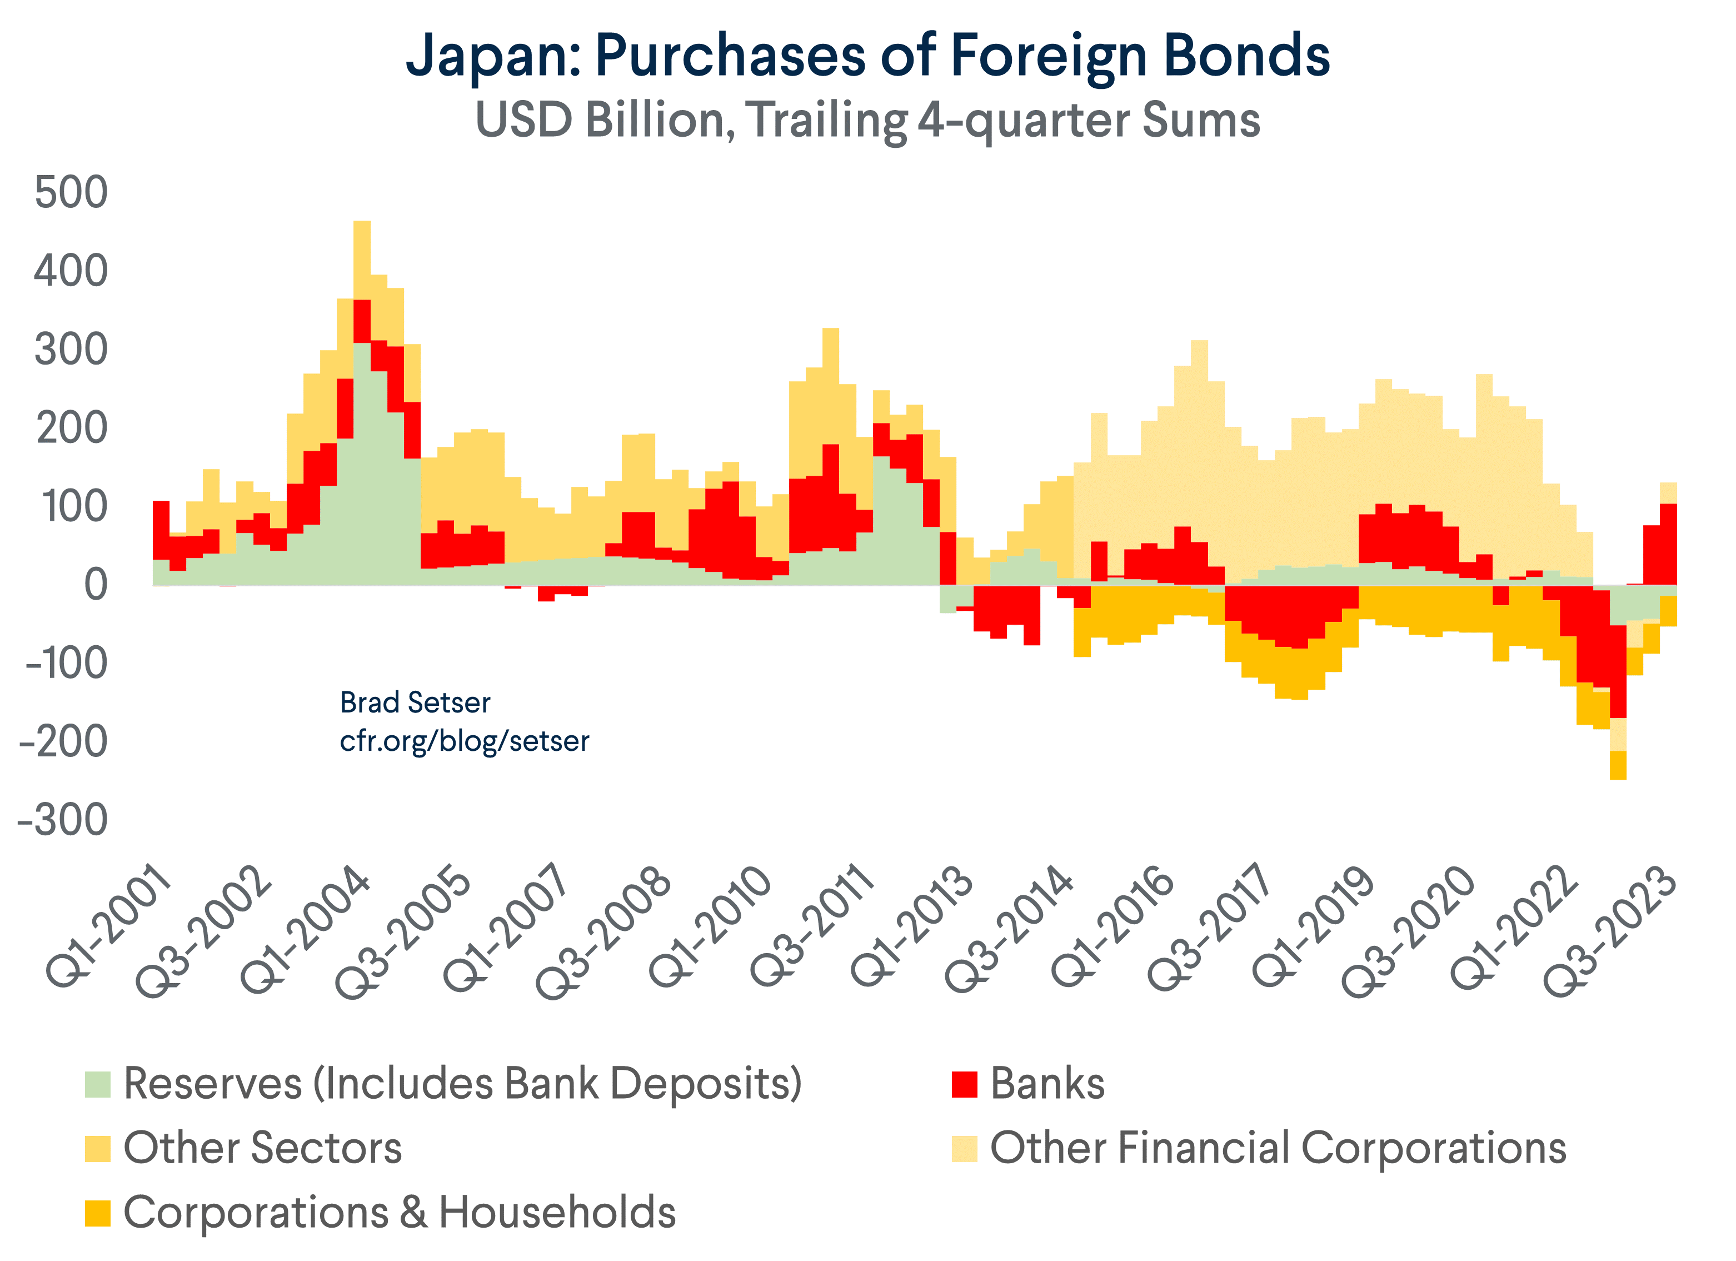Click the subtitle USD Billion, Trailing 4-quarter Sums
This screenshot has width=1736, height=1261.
pyautogui.click(x=867, y=120)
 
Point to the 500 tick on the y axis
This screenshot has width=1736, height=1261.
pyautogui.click(x=71, y=192)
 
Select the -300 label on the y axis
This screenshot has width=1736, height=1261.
pyautogui.click(x=63, y=821)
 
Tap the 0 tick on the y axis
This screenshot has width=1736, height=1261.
pyautogui.click(x=95, y=585)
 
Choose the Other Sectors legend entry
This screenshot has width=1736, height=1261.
pyautogui.click(x=262, y=1148)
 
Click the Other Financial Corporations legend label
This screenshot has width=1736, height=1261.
pyautogui.click(x=1278, y=1148)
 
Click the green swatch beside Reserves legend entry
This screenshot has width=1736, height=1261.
pyautogui.click(x=98, y=1084)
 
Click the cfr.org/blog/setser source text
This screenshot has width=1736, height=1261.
pyautogui.click(x=464, y=741)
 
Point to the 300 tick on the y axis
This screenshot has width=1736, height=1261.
pyautogui.click(x=71, y=350)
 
